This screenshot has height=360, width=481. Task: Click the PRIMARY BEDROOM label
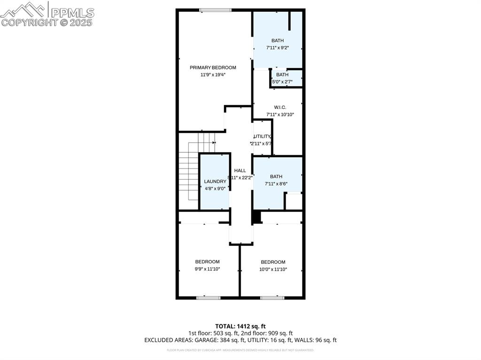pyautogui.click(x=213, y=68)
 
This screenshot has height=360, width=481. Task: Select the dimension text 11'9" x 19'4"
pyautogui.click(x=213, y=75)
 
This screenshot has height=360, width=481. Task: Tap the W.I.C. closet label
pyautogui.click(x=280, y=107)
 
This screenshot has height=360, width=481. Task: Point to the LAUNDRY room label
pyautogui.click(x=215, y=182)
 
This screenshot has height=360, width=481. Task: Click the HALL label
pyautogui.click(x=240, y=171)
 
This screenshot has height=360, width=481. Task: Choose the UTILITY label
pyautogui.click(x=262, y=137)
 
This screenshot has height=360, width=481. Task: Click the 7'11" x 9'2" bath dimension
pyautogui.click(x=277, y=47)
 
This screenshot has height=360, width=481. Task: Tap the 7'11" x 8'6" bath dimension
pyautogui.click(x=276, y=184)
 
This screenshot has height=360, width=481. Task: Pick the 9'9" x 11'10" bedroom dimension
pyautogui.click(x=207, y=269)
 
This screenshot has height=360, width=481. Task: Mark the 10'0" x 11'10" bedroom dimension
pyautogui.click(x=273, y=269)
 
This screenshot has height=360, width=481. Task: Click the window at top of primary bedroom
pyautogui.click(x=215, y=10)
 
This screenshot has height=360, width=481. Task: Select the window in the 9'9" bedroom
pyautogui.click(x=208, y=298)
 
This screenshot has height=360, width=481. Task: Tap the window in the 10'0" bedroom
pyautogui.click(x=272, y=298)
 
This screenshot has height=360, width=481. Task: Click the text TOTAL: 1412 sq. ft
pyautogui.click(x=240, y=326)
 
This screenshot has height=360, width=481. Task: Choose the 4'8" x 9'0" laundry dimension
pyautogui.click(x=215, y=189)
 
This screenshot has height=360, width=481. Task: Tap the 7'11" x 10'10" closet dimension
pyautogui.click(x=280, y=115)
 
